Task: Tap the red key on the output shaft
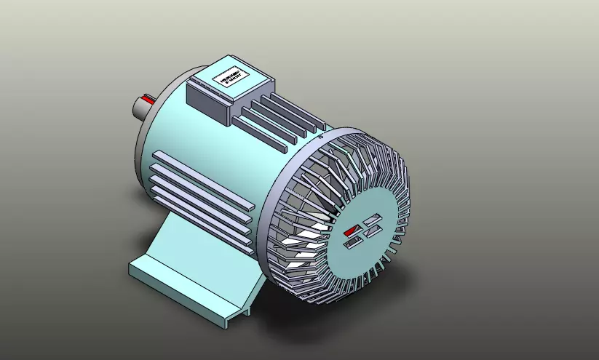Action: [149, 97]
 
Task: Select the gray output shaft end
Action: [139, 109]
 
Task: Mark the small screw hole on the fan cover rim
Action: [320, 135]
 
